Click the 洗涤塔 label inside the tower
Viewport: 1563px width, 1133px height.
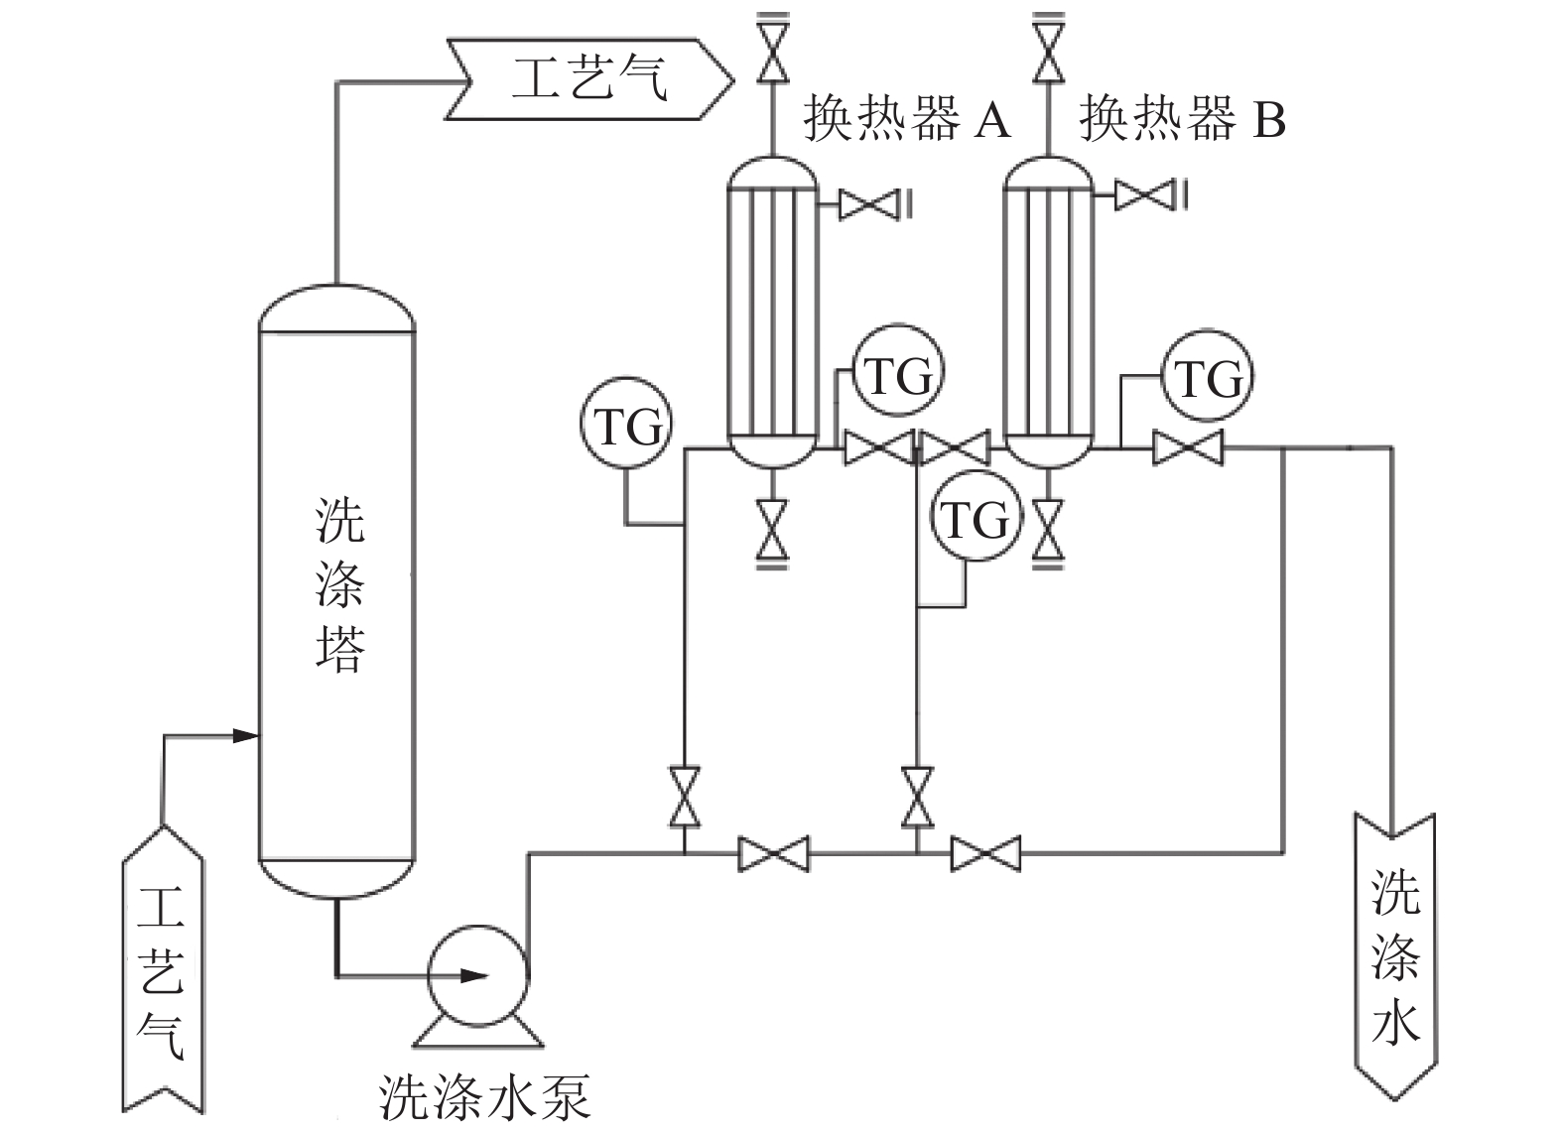click(x=339, y=585)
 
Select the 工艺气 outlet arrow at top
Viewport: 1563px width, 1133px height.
click(x=590, y=78)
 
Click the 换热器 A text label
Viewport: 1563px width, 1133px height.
click(x=906, y=119)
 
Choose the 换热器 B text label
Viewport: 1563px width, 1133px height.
click(x=1182, y=119)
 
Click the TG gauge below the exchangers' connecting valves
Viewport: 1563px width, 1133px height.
click(x=976, y=518)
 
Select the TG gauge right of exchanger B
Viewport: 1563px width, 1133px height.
click(x=1207, y=378)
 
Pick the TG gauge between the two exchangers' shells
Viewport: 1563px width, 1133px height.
click(x=898, y=374)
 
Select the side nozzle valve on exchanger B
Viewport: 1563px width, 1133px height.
click(x=1139, y=194)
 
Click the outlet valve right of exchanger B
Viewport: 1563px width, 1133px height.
click(x=1188, y=448)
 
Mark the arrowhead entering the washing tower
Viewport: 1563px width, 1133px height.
click(x=246, y=735)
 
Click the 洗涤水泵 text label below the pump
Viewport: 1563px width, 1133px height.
click(x=485, y=1095)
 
